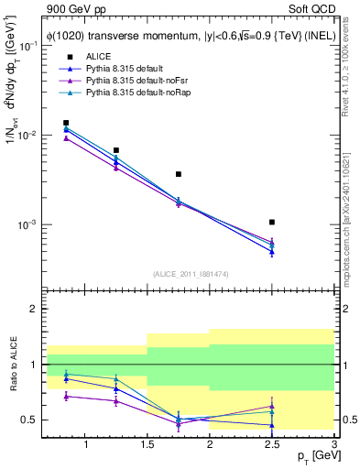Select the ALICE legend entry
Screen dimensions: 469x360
(99, 57)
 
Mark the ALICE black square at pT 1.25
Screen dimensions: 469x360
(116, 150)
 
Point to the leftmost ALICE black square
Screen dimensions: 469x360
(66, 123)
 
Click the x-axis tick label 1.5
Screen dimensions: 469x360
(148, 445)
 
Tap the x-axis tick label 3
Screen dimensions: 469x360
(333, 445)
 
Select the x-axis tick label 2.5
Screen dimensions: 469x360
(272, 445)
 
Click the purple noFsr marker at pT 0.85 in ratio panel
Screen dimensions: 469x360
(66, 396)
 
